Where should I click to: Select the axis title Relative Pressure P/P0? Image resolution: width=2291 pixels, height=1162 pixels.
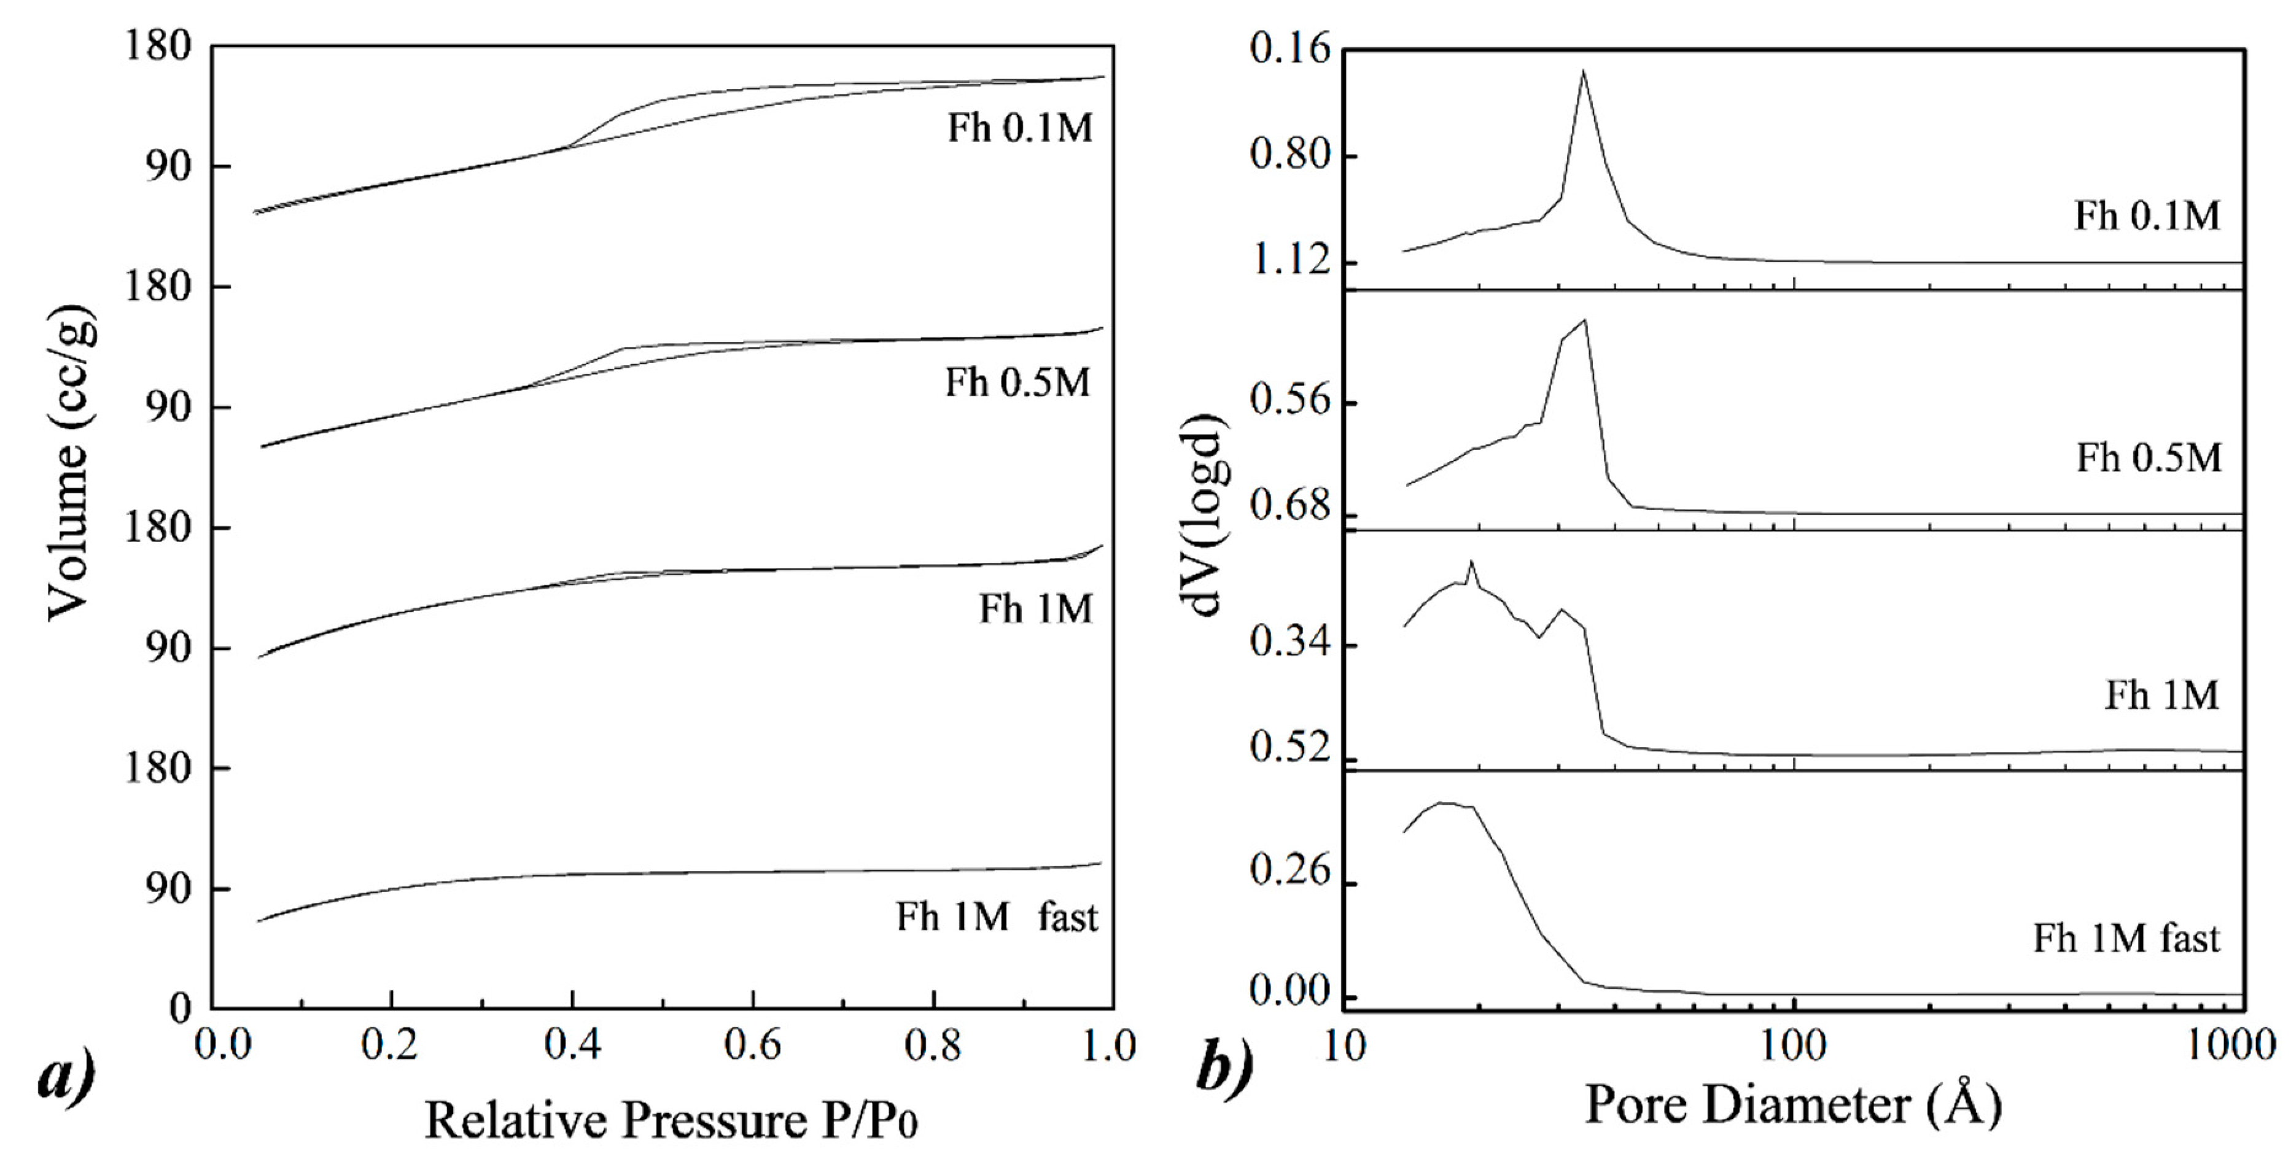pos(672,1120)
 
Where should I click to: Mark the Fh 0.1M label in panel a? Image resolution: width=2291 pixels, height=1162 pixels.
pos(1019,129)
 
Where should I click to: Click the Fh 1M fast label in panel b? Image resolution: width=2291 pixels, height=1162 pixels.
pos(2126,939)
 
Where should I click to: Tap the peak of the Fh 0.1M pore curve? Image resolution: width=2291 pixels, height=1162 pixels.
pos(1583,71)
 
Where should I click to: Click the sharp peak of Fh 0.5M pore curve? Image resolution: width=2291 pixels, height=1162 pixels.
pos(1585,320)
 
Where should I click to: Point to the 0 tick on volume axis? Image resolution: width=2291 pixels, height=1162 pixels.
pos(181,1008)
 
